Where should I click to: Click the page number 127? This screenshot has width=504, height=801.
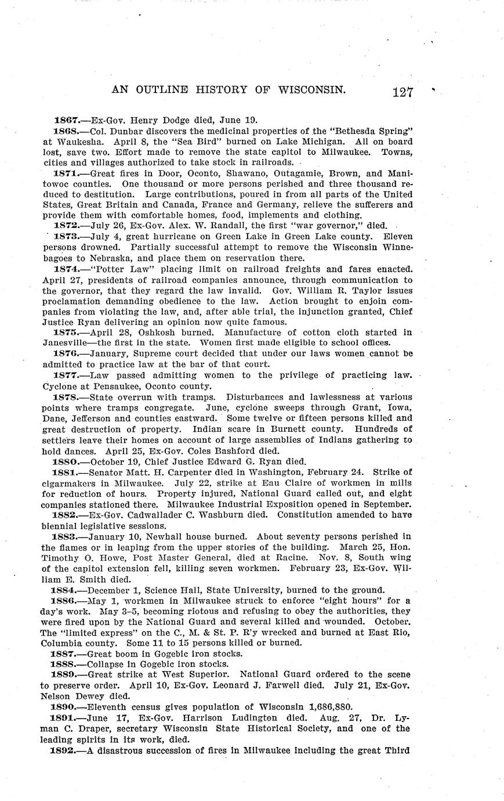click(401, 92)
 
